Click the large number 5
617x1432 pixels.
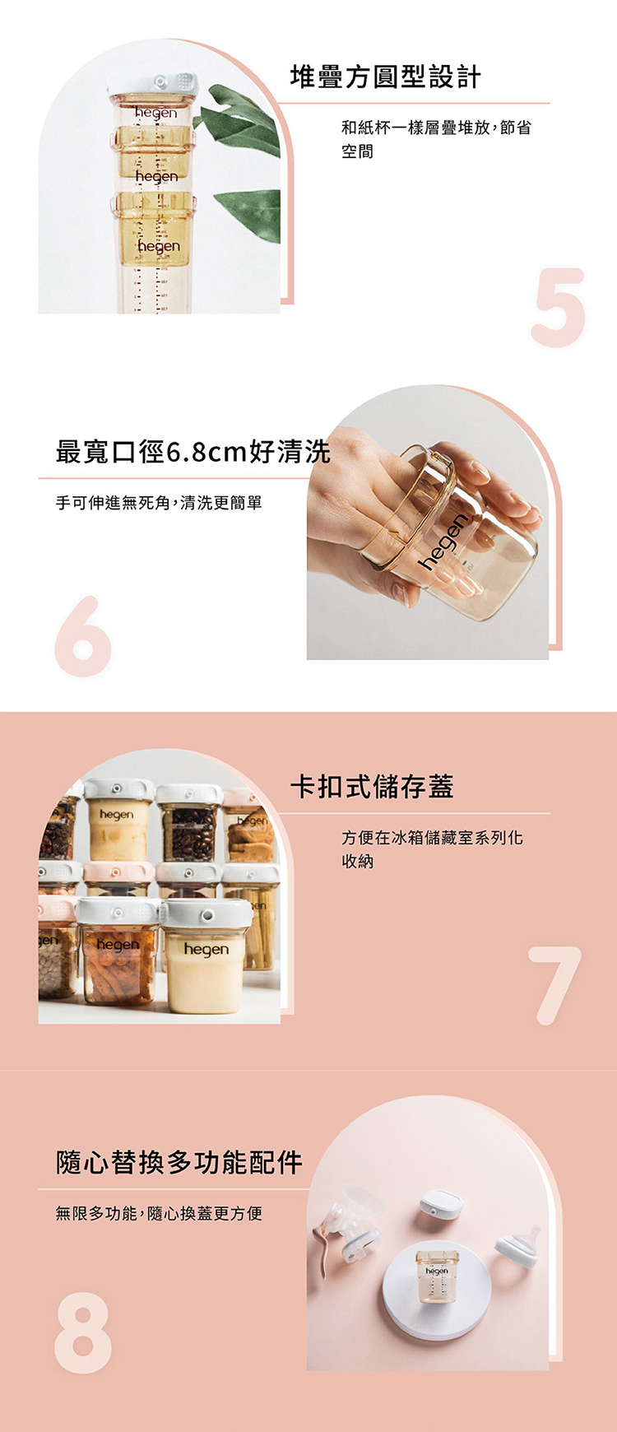click(559, 306)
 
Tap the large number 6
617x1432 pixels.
click(83, 636)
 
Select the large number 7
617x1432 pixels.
click(555, 985)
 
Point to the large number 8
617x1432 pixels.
click(83, 1332)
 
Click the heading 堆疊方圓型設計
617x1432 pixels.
click(385, 77)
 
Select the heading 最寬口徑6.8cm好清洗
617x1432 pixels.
click(193, 452)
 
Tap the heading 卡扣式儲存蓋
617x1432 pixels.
click(372, 787)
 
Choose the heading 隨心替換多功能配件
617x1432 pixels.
click(179, 1162)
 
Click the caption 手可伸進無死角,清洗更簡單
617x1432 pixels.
click(159, 502)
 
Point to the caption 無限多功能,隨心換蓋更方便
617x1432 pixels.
click(159, 1213)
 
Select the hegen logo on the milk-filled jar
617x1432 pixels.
click(206, 950)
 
